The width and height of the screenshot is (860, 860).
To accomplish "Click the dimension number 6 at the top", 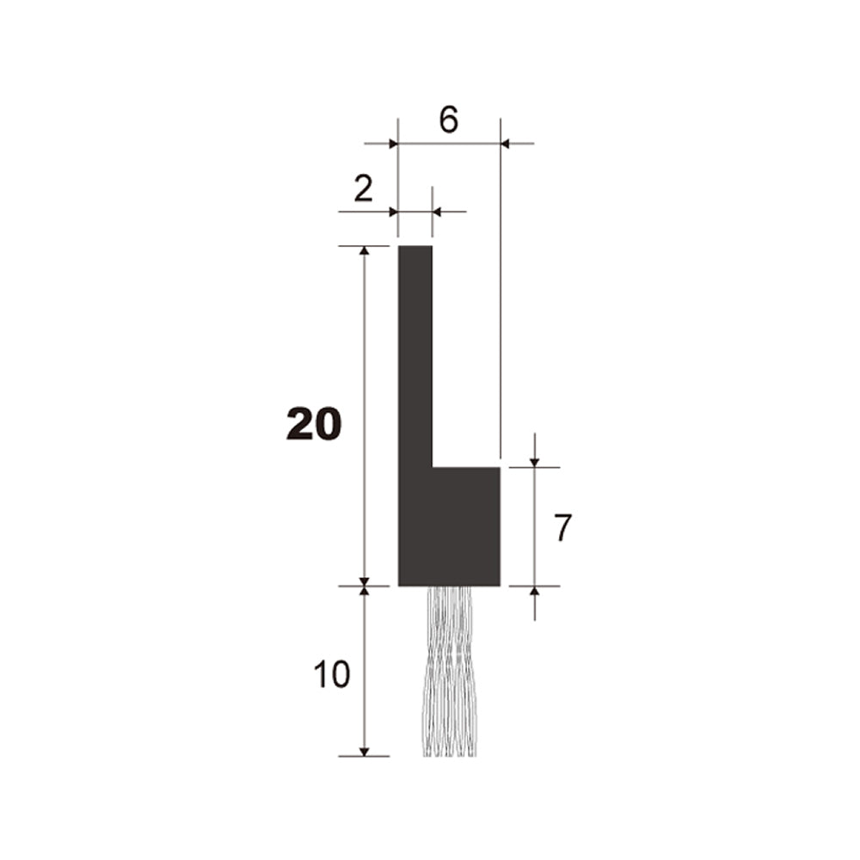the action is tap(448, 120).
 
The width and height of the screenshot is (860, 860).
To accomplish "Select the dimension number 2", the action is tap(363, 189).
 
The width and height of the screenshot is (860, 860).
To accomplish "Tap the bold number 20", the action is tap(314, 425).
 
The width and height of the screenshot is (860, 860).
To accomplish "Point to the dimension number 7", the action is tap(562, 528).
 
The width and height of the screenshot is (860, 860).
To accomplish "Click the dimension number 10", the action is tap(332, 674).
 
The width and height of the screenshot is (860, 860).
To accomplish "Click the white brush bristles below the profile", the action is tap(449, 672).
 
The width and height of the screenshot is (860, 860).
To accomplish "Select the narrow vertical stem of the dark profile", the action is tap(415, 357).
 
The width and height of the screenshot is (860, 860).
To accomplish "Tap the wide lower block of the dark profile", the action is tap(449, 526).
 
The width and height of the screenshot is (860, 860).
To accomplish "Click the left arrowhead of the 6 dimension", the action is tap(393, 144).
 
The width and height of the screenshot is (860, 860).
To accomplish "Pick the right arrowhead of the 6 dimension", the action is tap(506, 144).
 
